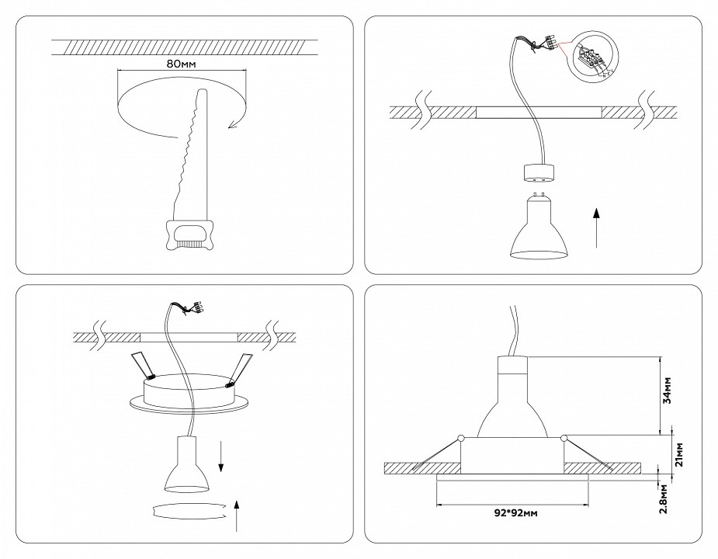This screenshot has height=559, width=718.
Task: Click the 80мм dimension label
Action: click(x=180, y=63)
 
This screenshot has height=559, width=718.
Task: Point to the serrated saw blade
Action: click(x=189, y=155)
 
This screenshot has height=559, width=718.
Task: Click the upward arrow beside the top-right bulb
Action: click(x=596, y=227)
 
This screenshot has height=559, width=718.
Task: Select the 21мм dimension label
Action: click(x=678, y=452)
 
